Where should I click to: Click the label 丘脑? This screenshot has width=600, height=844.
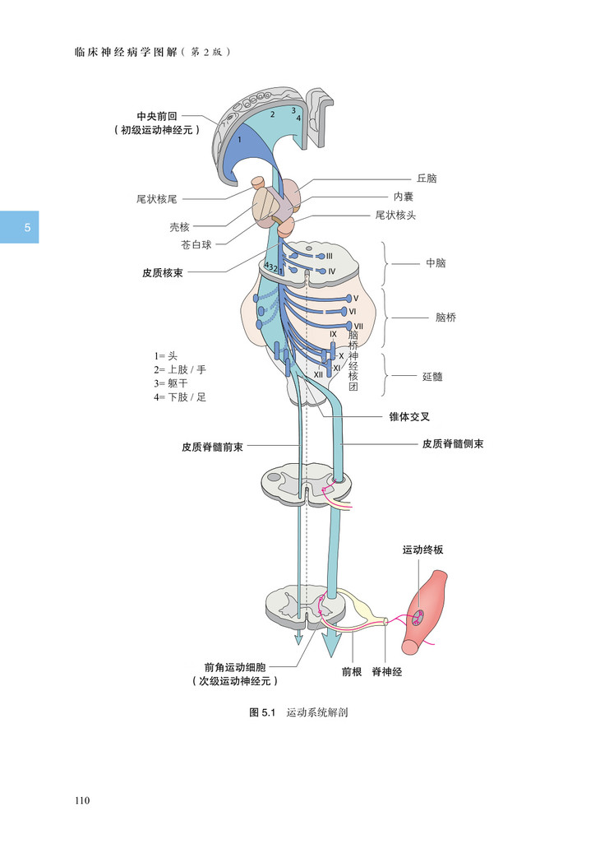pos(427,178)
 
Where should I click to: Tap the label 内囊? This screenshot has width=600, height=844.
pos(403,197)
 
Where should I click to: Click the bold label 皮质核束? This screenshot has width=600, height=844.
pos(162,271)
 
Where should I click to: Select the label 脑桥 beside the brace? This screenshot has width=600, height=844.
pos(445,318)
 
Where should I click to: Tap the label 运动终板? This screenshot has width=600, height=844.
pos(422,550)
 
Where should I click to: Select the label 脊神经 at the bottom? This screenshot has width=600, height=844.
pos(387,672)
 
